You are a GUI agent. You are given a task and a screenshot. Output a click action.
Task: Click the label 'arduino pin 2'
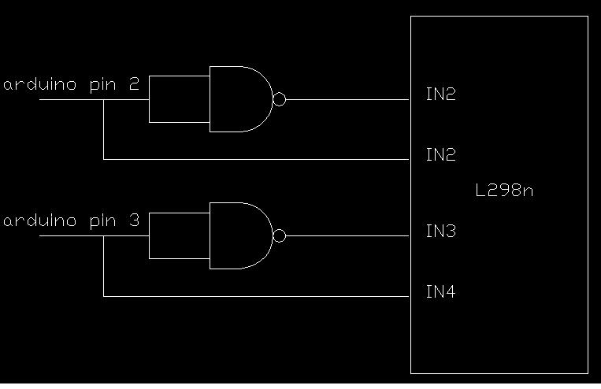tap(72, 84)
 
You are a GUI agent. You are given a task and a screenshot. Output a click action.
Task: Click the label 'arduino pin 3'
tap(72, 220)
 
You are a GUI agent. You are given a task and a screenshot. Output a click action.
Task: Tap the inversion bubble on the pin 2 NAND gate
tap(279, 99)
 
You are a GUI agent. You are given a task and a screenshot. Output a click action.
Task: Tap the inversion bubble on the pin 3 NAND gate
tap(279, 235)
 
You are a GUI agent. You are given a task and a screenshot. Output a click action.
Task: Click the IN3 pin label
tap(441, 231)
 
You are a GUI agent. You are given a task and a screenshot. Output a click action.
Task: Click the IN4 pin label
tap(441, 291)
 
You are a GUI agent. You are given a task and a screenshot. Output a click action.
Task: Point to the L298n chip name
tap(504, 190)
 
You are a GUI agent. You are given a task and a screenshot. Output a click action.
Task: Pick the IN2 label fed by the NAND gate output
tap(441, 94)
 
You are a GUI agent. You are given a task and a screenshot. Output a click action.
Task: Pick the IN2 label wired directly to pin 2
tap(441, 154)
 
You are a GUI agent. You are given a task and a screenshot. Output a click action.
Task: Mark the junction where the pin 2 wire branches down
tap(103, 100)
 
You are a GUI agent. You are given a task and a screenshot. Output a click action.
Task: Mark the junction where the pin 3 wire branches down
tap(103, 236)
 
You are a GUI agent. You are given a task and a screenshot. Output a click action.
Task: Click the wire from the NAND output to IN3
tap(347, 235)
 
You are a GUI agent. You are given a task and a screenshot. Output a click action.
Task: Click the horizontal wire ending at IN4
tap(257, 296)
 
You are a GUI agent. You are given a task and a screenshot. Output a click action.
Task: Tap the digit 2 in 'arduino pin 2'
tap(134, 84)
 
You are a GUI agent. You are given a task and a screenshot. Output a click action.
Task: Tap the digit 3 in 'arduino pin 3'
tap(134, 220)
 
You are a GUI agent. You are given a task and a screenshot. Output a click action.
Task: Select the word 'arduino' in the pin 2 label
tap(40, 84)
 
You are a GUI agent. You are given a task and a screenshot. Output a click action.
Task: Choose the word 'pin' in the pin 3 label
tap(102, 222)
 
